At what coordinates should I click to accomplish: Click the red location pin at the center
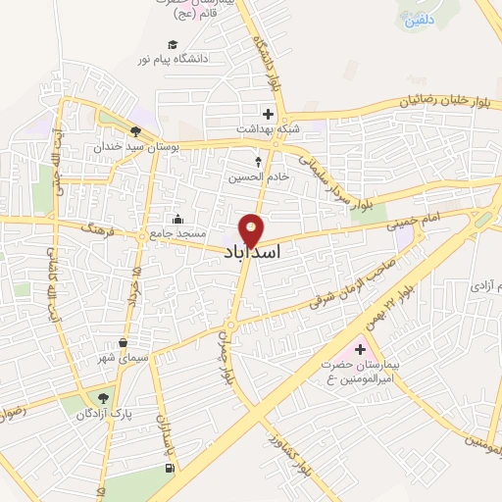[x=251, y=229]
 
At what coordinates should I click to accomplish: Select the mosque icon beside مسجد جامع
[x=176, y=219]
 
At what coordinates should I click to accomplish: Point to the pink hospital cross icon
[x=359, y=350]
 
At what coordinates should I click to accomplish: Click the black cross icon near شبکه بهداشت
[x=268, y=114]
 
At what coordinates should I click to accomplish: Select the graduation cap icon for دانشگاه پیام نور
[x=173, y=44]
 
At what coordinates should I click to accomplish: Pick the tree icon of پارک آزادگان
[x=102, y=397]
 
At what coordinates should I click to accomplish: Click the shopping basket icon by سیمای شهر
[x=123, y=343]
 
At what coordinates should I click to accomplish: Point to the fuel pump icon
[x=173, y=469]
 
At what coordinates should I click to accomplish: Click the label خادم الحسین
[x=258, y=177]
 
